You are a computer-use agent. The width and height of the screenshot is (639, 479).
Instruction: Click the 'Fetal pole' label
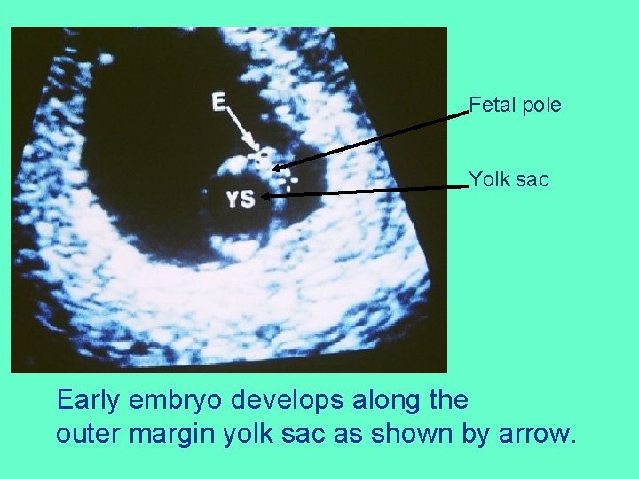pyautogui.click(x=515, y=106)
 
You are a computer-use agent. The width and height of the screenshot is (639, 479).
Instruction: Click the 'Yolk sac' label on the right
pyautogui.click(x=509, y=180)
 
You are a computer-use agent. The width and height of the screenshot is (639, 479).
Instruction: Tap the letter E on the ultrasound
pyautogui.click(x=219, y=101)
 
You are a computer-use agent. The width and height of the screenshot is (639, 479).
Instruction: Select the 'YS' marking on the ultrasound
pyautogui.click(x=240, y=200)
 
